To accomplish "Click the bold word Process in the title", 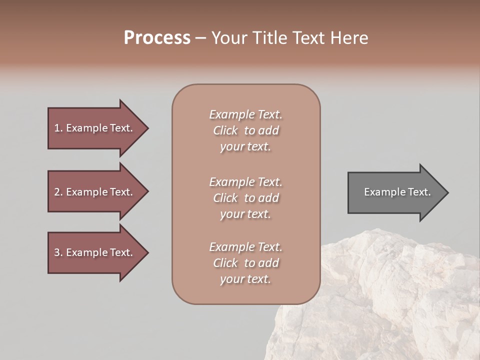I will (x=157, y=38).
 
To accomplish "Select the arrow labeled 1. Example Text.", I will (x=95, y=128).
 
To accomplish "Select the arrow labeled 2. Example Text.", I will (x=95, y=192).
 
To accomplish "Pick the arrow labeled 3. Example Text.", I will (x=95, y=252).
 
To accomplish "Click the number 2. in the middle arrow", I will (x=58, y=192).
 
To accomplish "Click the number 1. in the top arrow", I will (x=58, y=128).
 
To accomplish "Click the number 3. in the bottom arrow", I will (x=58, y=252).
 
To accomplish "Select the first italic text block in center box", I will (x=245, y=130).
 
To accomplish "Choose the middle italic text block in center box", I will (x=245, y=198).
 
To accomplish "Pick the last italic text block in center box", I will (x=245, y=263).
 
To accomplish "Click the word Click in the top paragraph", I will (x=225, y=131).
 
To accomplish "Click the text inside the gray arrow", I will (x=397, y=192).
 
